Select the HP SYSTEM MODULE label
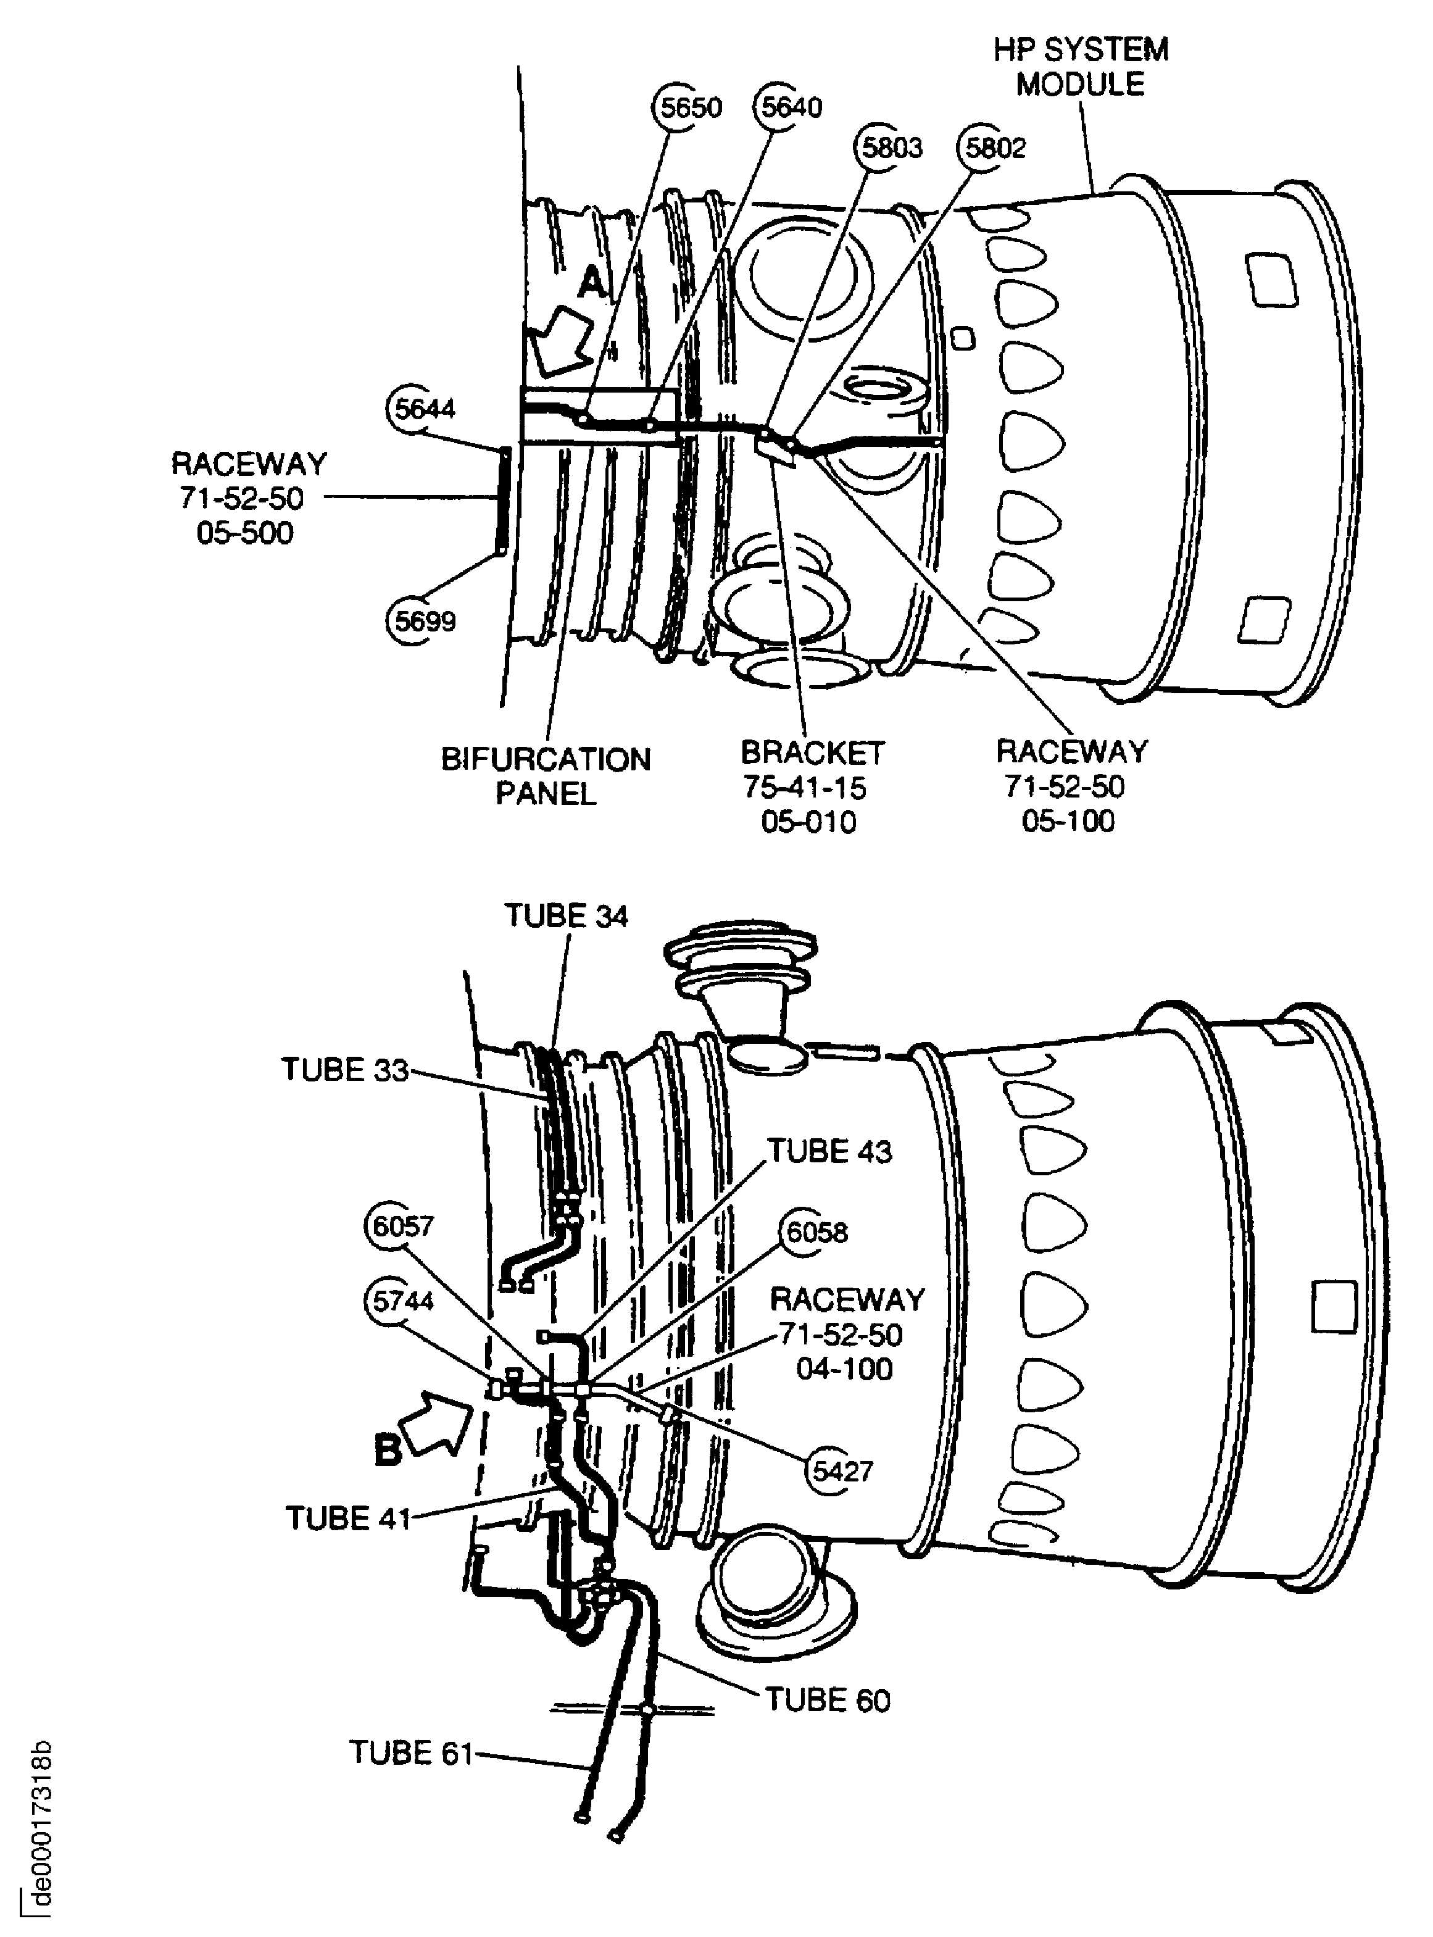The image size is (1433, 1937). coord(1081,67)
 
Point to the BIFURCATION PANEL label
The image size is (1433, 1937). coord(546,777)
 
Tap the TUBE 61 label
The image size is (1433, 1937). coord(411,1753)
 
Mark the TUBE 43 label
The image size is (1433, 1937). coord(829,1151)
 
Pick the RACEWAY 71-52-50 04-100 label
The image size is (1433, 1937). coord(847,1334)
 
